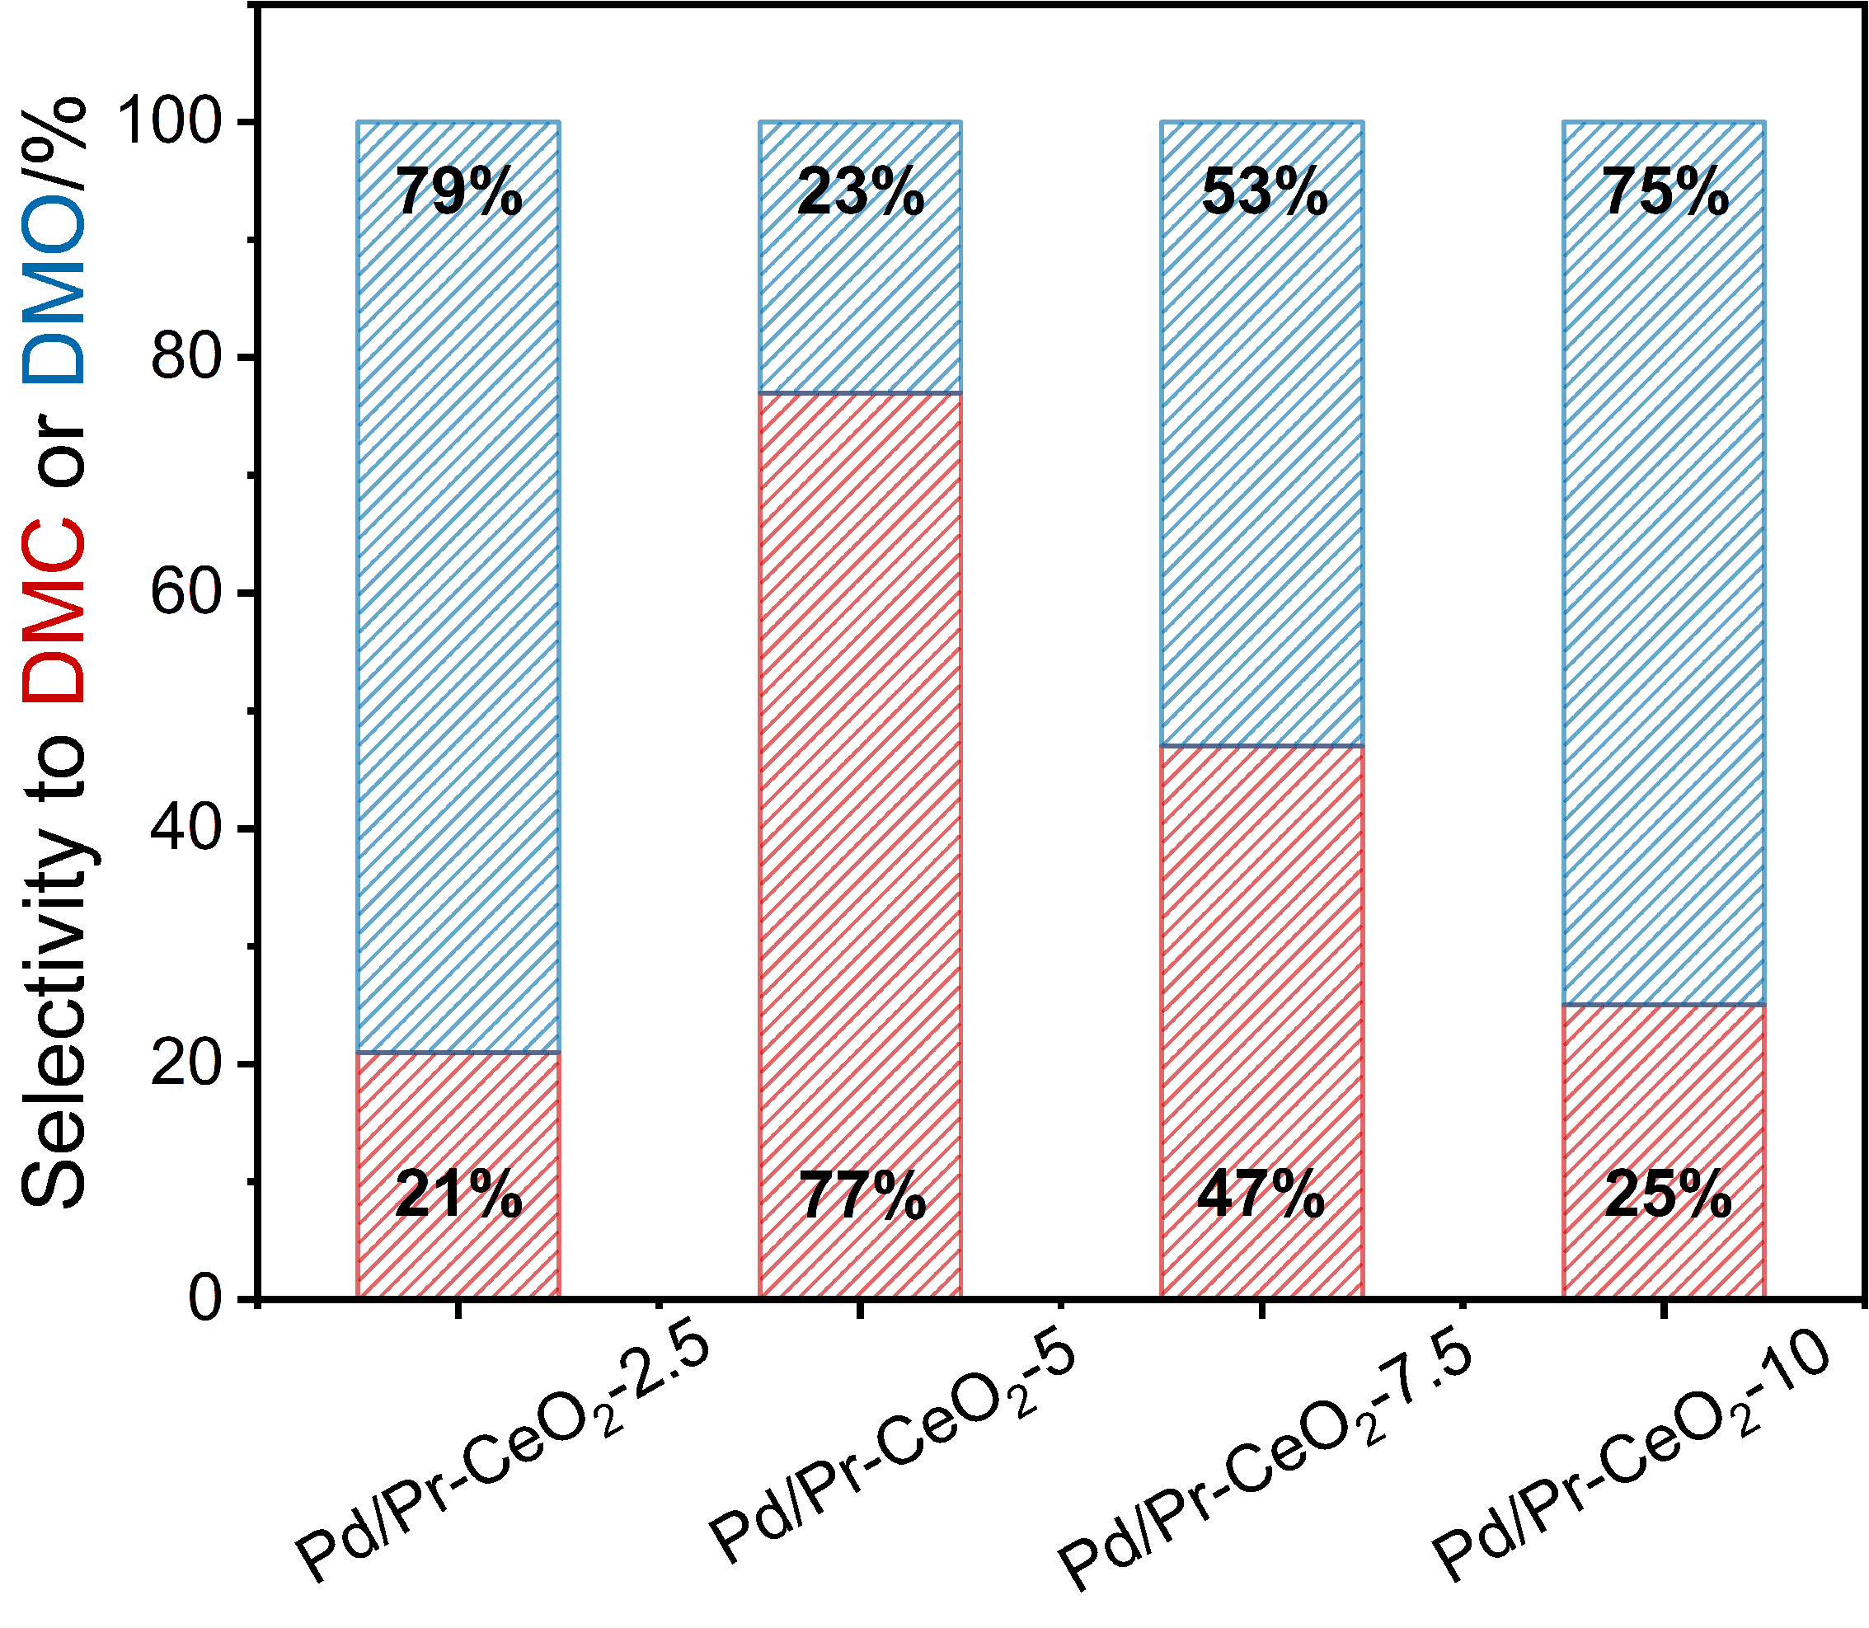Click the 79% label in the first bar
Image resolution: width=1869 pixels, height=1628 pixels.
(459, 193)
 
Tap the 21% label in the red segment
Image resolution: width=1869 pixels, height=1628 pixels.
(459, 1194)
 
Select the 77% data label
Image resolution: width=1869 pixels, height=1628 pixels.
(862, 1196)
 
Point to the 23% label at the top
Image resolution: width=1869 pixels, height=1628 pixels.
(861, 193)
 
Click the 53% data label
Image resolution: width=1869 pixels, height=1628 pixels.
(1264, 193)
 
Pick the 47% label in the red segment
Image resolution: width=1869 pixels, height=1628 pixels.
(1261, 1194)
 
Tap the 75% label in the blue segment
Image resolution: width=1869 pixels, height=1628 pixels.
(1665, 193)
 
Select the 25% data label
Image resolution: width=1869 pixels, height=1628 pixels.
(1667, 1194)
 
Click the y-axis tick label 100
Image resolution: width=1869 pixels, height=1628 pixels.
(171, 121)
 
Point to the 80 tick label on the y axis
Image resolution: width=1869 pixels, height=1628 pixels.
(186, 357)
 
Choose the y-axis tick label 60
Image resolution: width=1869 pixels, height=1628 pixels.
(186, 593)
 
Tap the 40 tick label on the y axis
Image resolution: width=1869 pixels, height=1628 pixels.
(186, 828)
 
